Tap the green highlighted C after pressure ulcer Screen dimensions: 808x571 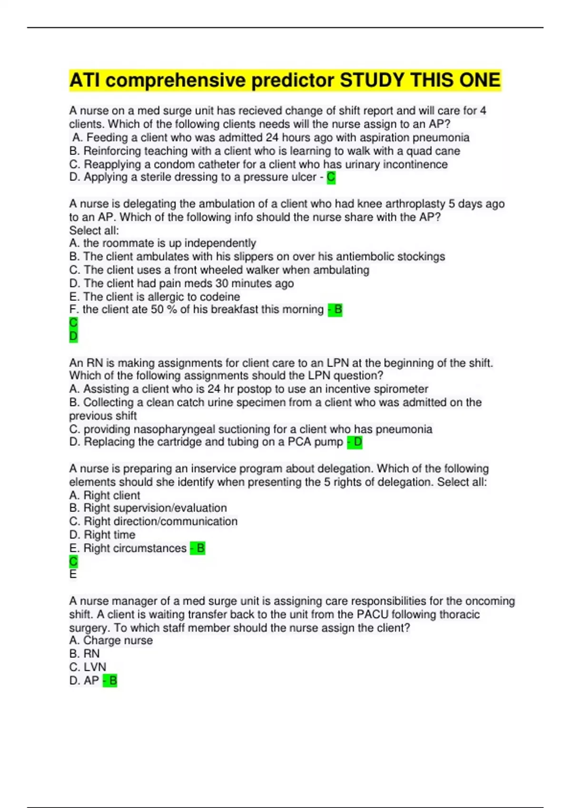[331, 177]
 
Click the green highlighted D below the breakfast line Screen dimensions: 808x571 [73, 336]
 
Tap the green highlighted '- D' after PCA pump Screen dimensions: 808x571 [354, 442]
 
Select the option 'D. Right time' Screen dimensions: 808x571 [102, 535]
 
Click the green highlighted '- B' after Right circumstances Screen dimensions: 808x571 [197, 548]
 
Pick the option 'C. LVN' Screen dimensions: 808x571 [88, 667]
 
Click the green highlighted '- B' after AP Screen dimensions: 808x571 [110, 681]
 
